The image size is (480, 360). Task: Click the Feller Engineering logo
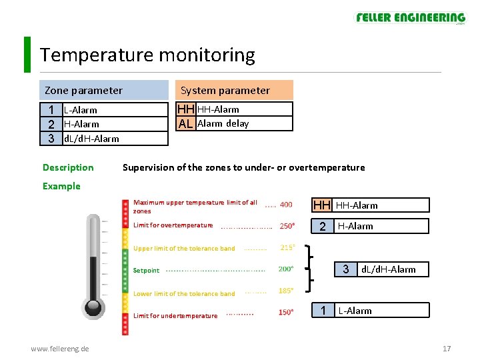click(x=410, y=18)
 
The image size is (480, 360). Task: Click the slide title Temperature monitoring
click(x=147, y=55)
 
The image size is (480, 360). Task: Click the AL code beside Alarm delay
click(x=186, y=123)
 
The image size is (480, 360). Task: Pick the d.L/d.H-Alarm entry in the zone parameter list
click(x=91, y=139)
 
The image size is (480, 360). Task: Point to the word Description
click(x=68, y=167)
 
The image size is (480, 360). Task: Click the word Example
click(x=61, y=186)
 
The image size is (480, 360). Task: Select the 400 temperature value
click(x=286, y=205)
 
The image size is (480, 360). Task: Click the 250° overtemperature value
click(x=287, y=225)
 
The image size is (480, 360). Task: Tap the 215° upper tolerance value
click(x=288, y=247)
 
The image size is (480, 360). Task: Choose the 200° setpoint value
click(x=286, y=269)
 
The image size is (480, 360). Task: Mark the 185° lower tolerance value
click(x=287, y=291)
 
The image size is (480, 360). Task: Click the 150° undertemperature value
click(x=286, y=312)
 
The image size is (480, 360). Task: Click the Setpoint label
click(x=147, y=271)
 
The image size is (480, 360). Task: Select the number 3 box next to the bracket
click(x=345, y=269)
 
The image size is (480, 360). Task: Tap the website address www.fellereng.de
click(x=61, y=349)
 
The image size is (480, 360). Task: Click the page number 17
click(x=447, y=349)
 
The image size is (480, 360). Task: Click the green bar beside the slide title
click(x=27, y=54)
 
